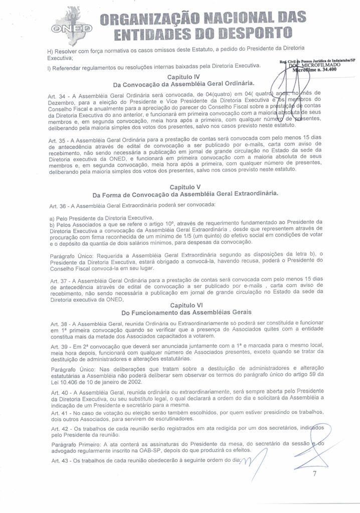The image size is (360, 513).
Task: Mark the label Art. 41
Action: coord(59,411)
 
